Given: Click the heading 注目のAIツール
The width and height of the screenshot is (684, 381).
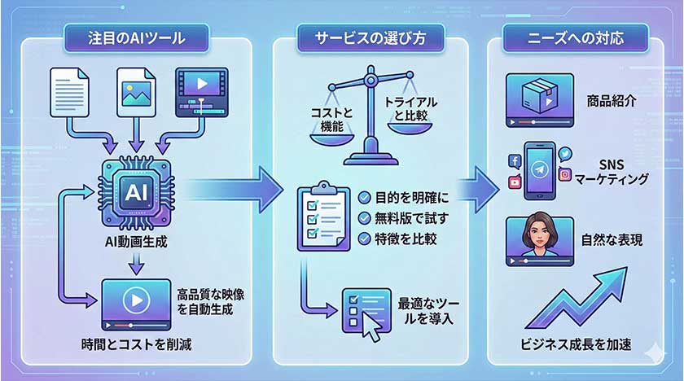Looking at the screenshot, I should coord(138,37).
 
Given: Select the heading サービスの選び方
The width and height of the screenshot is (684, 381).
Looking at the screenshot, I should coord(370,37).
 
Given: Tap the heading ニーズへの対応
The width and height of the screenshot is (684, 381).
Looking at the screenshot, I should coord(574,37).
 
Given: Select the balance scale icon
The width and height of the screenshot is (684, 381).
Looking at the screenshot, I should coord(370,122).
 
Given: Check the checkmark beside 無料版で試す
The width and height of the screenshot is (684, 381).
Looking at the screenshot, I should coord(365,217).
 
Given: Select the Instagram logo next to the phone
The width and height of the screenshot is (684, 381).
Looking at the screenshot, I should coord(564,174).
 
